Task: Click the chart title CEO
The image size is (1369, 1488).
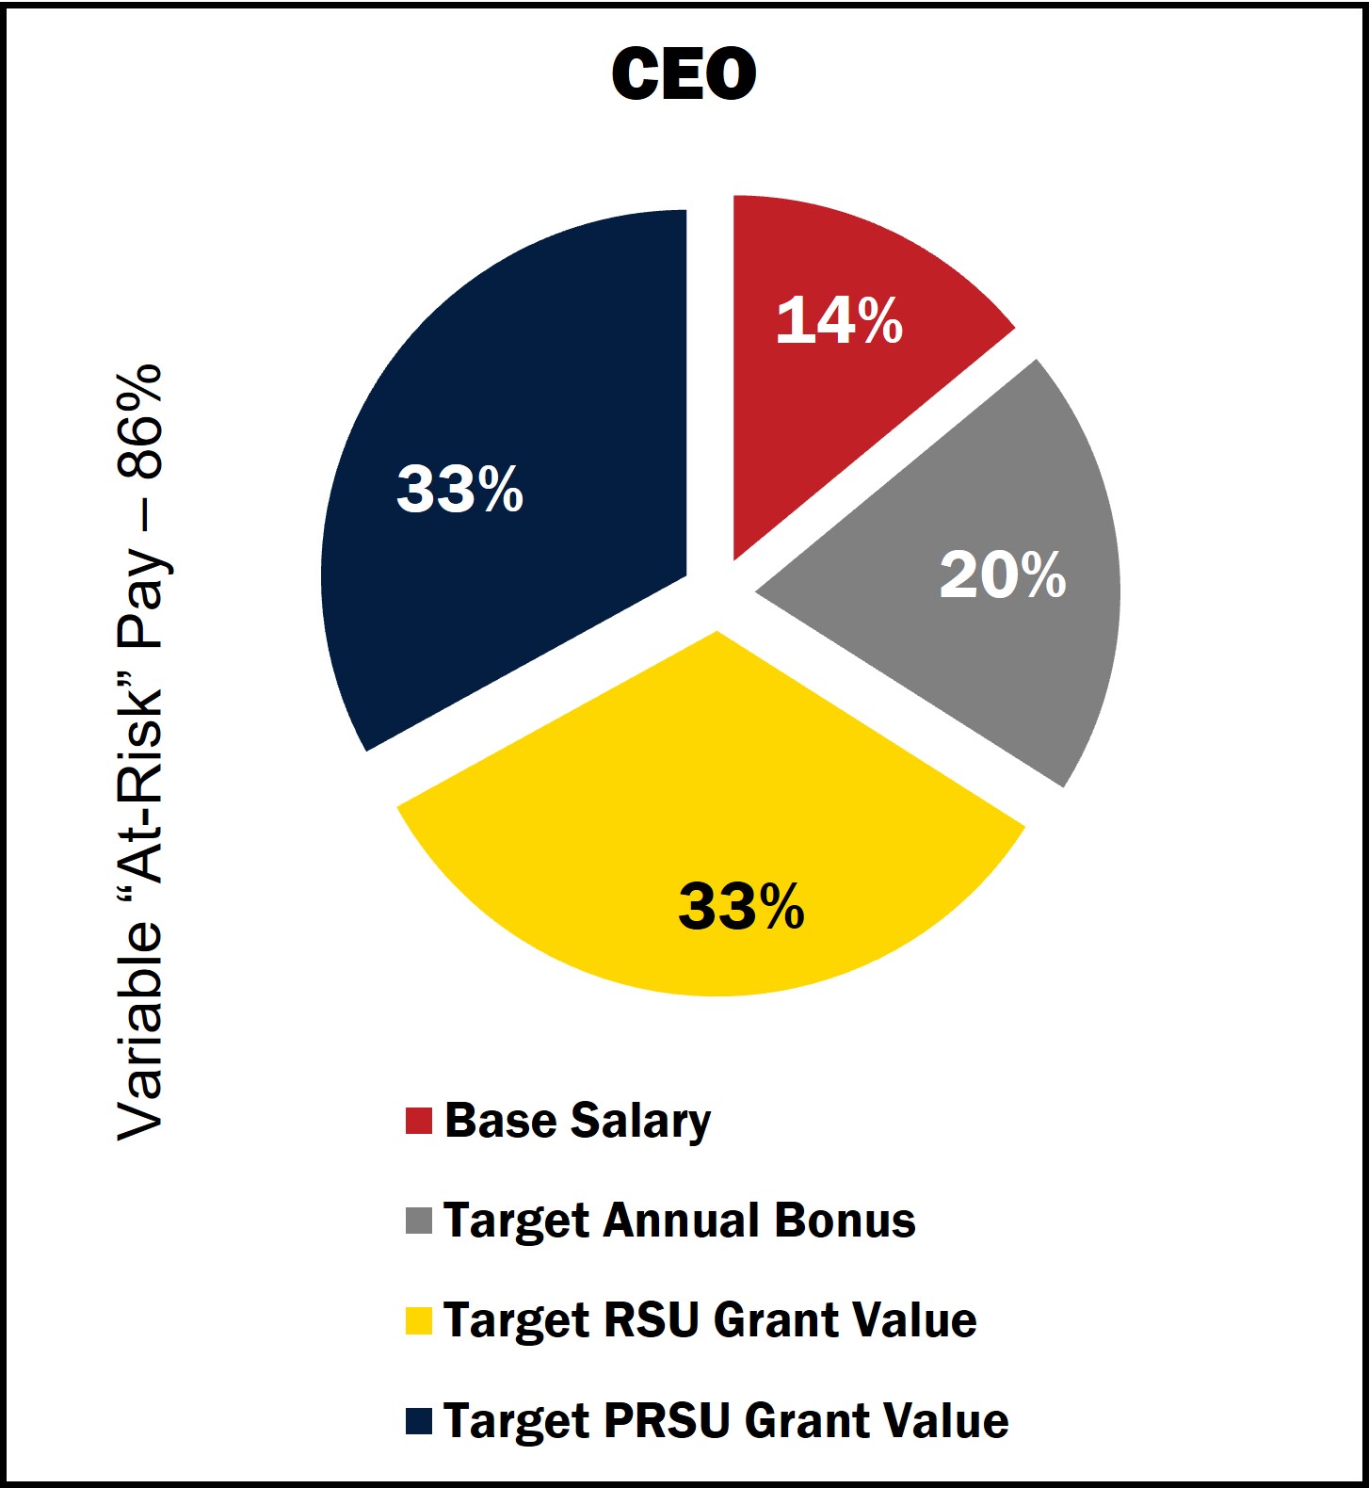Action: (x=684, y=74)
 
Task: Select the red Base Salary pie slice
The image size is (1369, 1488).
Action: (x=829, y=396)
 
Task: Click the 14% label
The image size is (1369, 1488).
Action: (x=839, y=320)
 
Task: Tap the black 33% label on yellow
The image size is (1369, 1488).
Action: (x=741, y=907)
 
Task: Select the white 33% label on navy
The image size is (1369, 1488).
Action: (x=459, y=489)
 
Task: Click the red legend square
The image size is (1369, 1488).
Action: (x=418, y=1121)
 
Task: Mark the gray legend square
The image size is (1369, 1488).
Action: (x=418, y=1221)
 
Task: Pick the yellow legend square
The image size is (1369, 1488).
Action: (x=418, y=1320)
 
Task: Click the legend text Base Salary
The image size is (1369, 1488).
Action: (x=577, y=1121)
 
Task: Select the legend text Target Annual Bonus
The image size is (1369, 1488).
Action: (x=679, y=1221)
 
